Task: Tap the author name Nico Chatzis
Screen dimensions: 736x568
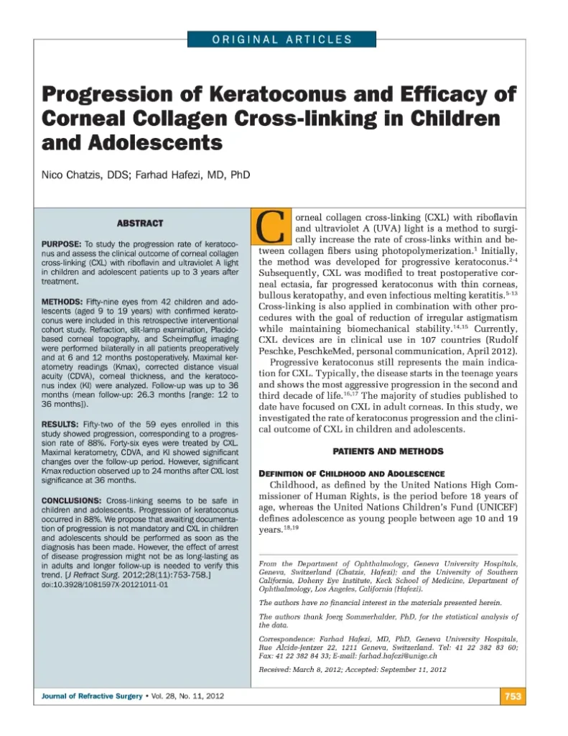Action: point(70,174)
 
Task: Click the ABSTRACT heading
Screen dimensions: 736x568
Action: point(139,224)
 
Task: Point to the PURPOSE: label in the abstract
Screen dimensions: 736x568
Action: point(62,245)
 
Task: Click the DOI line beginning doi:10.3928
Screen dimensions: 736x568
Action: point(105,585)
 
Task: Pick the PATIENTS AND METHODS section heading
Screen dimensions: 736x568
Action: point(388,451)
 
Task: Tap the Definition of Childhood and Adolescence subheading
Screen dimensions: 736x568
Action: point(352,474)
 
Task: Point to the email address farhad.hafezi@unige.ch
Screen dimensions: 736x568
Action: point(395,656)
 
